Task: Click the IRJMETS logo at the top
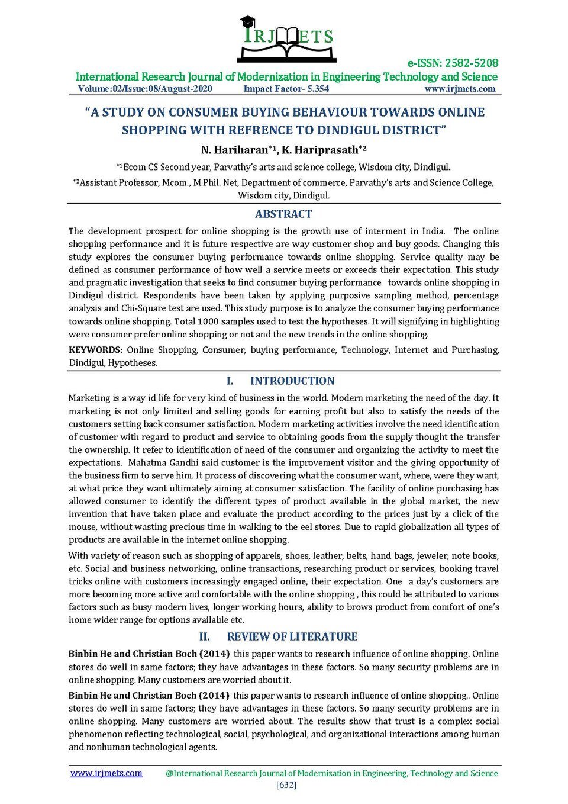point(287,39)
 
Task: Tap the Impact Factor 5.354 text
point(286,89)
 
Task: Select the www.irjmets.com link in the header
point(460,89)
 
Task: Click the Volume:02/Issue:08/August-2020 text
point(145,89)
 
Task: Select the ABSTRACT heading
point(283,214)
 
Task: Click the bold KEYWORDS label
point(95,350)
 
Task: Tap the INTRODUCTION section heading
point(292,381)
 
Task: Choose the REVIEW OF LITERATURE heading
point(292,636)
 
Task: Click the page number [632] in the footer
point(286,785)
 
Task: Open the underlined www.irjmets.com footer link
point(106,773)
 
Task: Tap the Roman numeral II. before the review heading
point(205,636)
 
